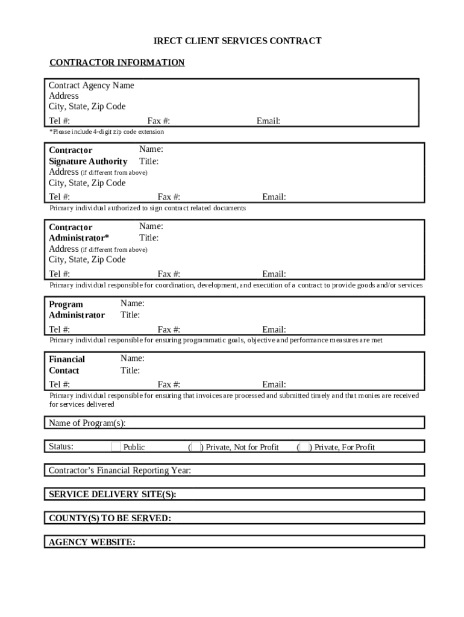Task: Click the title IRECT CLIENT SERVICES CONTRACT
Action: (x=237, y=41)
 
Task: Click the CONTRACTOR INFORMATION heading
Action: (x=117, y=63)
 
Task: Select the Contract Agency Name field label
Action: (x=92, y=86)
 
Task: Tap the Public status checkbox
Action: (x=116, y=446)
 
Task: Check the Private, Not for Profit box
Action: (x=195, y=446)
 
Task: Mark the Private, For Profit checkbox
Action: (x=304, y=446)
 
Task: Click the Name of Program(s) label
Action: (x=87, y=423)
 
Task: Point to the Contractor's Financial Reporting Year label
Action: (x=120, y=470)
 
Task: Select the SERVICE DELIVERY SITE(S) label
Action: (x=113, y=494)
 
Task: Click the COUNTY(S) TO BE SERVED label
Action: (x=110, y=518)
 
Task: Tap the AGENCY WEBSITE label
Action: (x=92, y=542)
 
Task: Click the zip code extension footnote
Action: (x=107, y=131)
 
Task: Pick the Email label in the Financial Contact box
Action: (x=274, y=384)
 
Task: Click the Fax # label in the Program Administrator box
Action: (x=169, y=330)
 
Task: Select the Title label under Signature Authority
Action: (x=149, y=161)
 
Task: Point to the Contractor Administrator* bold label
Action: (x=79, y=232)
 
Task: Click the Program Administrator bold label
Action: (x=77, y=310)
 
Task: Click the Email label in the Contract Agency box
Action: (x=268, y=121)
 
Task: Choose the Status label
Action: (x=61, y=446)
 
